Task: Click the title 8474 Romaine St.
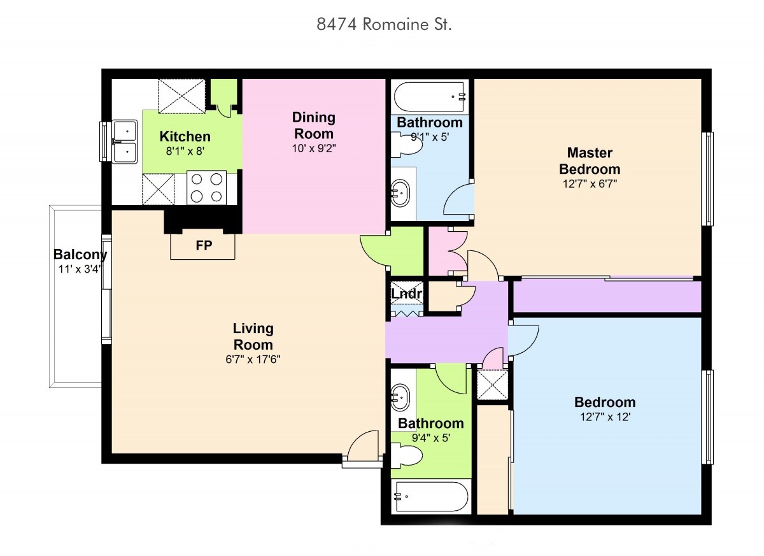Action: [x=384, y=24]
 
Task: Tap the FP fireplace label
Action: [x=204, y=245]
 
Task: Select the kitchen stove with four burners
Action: [x=207, y=188]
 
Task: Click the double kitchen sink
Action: [x=125, y=141]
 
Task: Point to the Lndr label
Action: [x=407, y=294]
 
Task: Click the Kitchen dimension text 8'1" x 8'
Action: [x=185, y=151]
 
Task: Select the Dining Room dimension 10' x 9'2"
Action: [x=314, y=148]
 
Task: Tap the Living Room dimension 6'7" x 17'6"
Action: [x=253, y=359]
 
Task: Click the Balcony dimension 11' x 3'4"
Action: [x=80, y=269]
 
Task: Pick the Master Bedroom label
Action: [x=590, y=161]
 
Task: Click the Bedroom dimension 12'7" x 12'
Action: [x=605, y=417]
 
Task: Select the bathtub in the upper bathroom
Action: [x=430, y=97]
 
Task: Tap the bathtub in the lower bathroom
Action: [x=431, y=497]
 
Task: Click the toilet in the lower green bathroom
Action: [x=407, y=455]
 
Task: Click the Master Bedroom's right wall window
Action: [x=707, y=179]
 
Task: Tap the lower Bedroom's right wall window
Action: [x=707, y=417]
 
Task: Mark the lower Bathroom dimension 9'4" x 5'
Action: [x=431, y=438]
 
